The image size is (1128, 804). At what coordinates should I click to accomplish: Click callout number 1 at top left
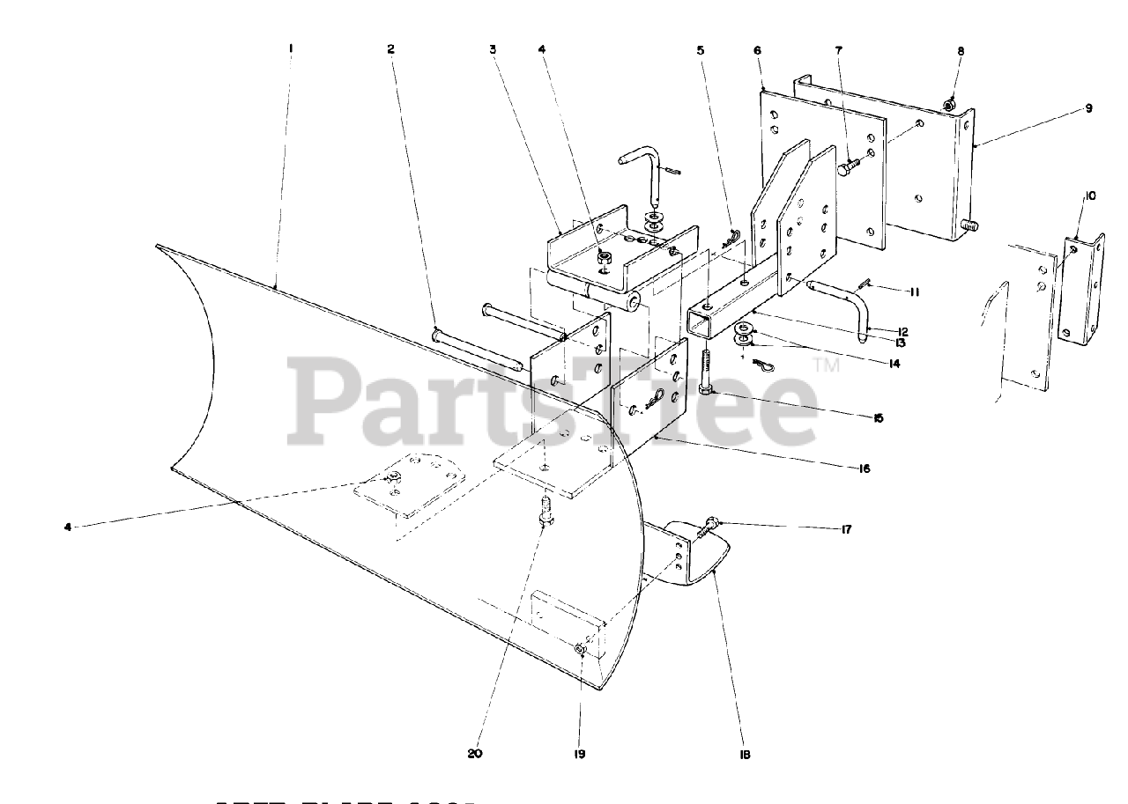coord(290,49)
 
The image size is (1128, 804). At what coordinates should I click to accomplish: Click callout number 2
coord(390,49)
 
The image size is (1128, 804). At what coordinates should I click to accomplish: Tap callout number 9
coord(1087,108)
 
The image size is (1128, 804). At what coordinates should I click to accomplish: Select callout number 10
coord(1090,195)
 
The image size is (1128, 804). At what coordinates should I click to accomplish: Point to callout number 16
coord(865,468)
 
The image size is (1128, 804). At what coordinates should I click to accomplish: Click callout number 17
coord(846,530)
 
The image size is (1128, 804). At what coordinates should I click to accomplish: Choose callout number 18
coord(745,754)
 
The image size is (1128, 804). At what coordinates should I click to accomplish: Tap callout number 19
coord(580,754)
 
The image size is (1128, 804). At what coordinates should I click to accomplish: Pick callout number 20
coord(476,754)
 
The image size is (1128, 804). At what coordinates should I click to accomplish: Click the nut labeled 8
coord(949,106)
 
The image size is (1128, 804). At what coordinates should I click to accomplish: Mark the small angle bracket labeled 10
coord(1081,291)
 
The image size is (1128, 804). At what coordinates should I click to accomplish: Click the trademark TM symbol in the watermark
coord(827,362)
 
